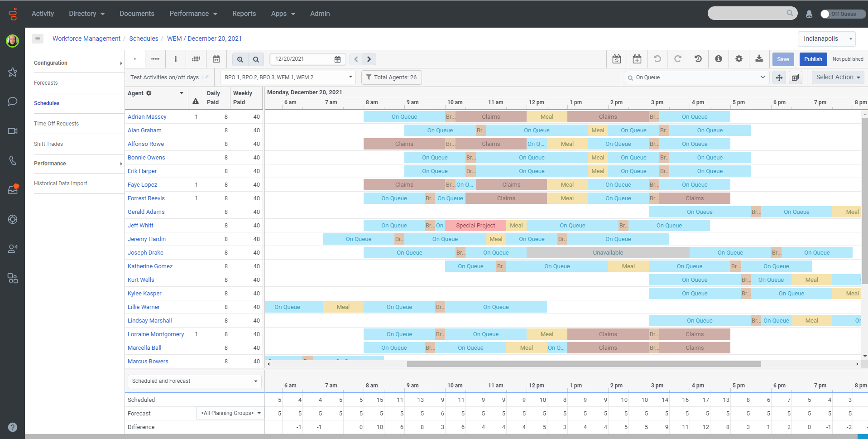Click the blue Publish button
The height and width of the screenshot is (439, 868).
tap(813, 59)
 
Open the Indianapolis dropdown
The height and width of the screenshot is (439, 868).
tap(826, 39)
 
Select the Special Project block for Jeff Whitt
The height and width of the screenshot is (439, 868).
tap(475, 226)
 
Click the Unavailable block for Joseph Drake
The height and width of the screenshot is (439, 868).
tap(608, 253)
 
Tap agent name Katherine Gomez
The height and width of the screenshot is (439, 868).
tap(150, 266)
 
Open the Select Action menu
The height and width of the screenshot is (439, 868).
tap(838, 77)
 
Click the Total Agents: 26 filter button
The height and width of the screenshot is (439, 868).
tap(391, 77)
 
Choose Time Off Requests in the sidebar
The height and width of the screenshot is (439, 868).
tap(56, 124)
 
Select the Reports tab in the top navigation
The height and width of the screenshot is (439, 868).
tap(244, 14)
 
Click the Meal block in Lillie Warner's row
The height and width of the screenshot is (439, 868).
tap(343, 307)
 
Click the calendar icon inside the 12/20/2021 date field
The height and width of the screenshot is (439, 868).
tap(337, 59)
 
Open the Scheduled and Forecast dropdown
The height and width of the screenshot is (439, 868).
tap(195, 381)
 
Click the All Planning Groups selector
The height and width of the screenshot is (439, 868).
tap(230, 413)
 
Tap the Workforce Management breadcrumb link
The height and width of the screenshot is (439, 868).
tap(86, 39)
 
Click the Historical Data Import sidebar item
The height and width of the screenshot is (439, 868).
tap(60, 183)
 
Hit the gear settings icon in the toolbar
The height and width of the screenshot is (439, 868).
tap(739, 59)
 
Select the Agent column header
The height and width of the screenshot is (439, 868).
tap(136, 93)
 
